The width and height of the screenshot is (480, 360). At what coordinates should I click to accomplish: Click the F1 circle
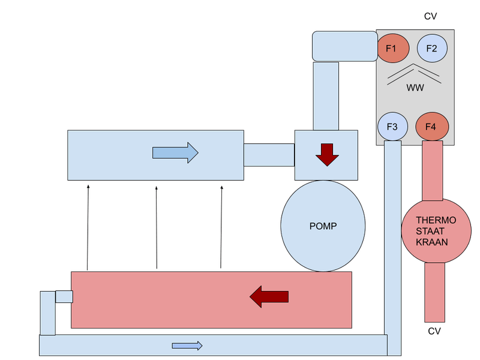(393, 49)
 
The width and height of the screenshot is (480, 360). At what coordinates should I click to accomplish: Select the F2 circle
(432, 49)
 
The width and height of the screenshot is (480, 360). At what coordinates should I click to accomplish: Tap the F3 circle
(393, 127)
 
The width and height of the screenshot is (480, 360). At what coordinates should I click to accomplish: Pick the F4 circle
(431, 127)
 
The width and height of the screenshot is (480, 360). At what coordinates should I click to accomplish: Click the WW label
(415, 88)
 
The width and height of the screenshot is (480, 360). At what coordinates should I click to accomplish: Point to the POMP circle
(323, 226)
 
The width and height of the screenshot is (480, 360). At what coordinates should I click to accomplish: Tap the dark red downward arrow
(328, 154)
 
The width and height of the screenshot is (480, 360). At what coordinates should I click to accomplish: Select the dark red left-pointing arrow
(269, 296)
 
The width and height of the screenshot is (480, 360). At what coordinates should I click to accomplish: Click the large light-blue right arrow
(175, 153)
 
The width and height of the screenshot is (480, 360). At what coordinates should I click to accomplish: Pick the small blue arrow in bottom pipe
(187, 346)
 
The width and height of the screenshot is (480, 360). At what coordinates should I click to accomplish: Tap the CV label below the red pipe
(434, 331)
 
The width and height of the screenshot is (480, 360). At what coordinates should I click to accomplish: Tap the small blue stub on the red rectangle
(64, 296)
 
